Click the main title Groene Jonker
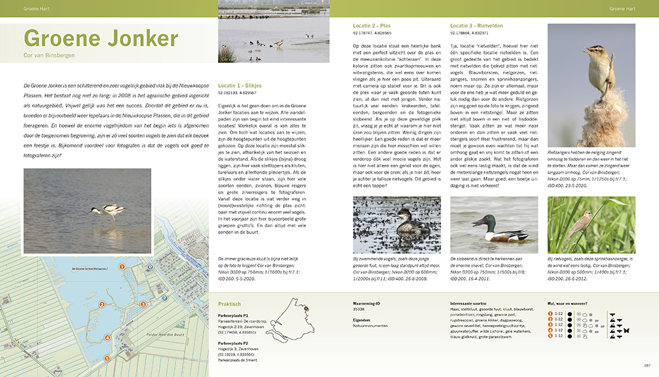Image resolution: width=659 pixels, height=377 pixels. (100, 39)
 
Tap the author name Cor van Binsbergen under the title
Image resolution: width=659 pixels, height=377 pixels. (49, 56)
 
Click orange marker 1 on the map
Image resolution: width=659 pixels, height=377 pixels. (121, 268)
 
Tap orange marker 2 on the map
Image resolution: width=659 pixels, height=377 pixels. (102, 304)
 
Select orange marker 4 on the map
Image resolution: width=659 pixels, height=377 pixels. (107, 338)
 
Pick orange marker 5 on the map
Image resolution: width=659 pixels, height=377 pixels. (107, 359)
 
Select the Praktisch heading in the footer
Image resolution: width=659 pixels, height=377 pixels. (230, 304)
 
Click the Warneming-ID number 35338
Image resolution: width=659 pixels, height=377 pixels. (358, 308)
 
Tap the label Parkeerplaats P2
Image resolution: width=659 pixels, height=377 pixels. (233, 342)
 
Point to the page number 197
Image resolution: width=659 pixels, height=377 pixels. (647, 365)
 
